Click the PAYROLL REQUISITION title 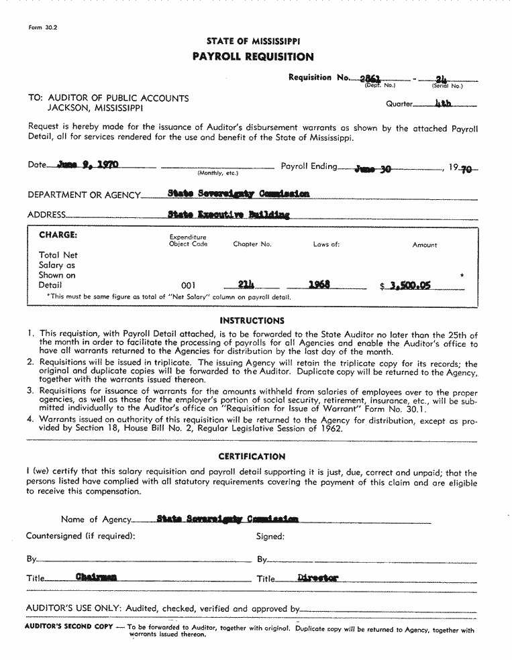252,57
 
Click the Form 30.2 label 43,27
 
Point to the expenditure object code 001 189,286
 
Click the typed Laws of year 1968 319,284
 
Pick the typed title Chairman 96,577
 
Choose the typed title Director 318,577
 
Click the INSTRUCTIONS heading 252,321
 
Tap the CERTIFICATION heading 252,457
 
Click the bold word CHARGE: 58,235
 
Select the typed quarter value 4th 444,104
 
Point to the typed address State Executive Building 229,215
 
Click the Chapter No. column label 252,245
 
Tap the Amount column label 425,245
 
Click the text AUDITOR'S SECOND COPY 68,626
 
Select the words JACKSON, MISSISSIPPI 95,108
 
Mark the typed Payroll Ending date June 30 372,168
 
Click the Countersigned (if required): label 81,536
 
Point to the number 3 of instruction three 30,391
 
